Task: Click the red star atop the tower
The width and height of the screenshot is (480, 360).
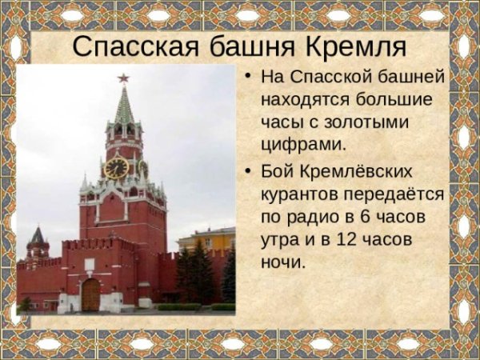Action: (123, 78)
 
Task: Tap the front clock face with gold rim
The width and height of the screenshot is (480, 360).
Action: (117, 168)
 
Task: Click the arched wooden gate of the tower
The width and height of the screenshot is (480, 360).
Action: (91, 294)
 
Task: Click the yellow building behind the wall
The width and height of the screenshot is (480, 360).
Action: (206, 240)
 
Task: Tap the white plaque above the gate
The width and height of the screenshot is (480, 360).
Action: (90, 263)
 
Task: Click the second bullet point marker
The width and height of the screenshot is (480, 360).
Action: (249, 172)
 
